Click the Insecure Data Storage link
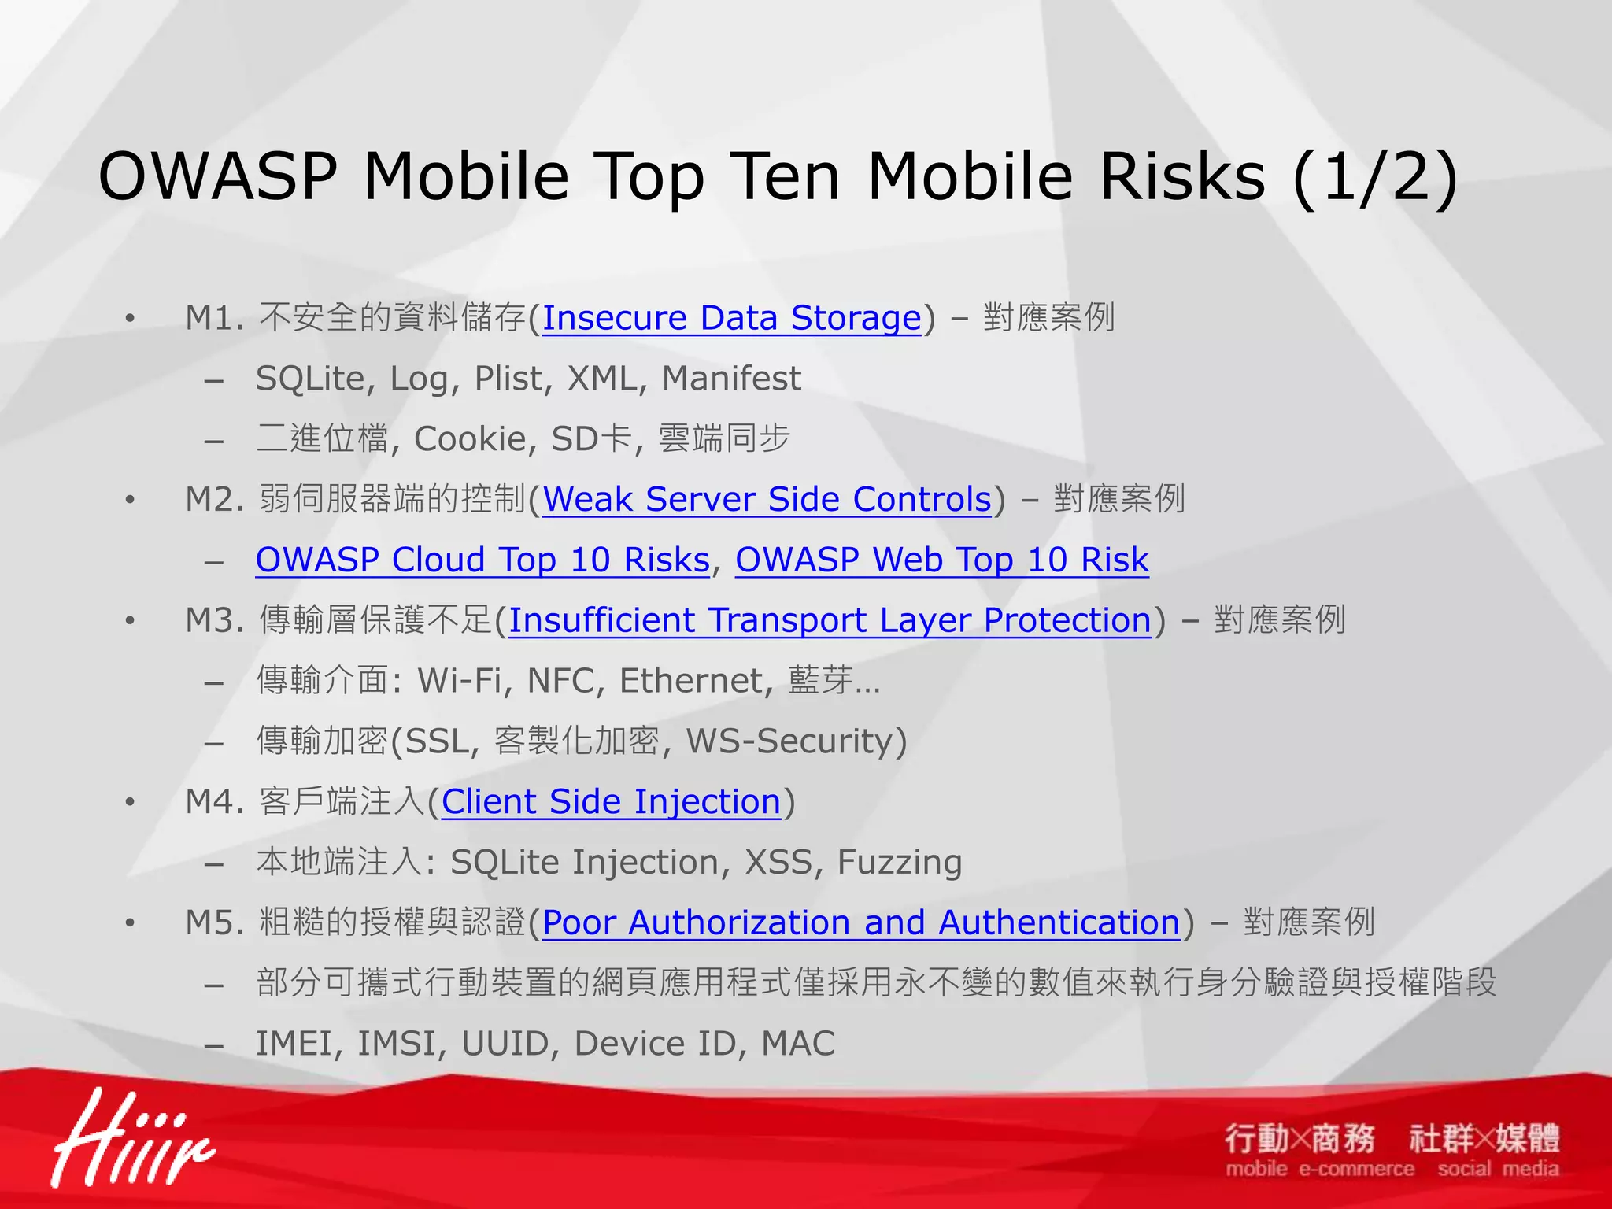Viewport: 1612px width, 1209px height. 731,318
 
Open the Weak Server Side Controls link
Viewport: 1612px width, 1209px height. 767,499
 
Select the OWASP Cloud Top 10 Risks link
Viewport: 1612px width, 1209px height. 482,560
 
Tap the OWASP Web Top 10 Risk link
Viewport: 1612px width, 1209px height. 941,560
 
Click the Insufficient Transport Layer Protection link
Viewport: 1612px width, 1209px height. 830,620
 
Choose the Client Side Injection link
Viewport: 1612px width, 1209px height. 611,801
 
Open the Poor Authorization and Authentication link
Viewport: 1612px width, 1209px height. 861,922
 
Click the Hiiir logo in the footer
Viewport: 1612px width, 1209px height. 130,1140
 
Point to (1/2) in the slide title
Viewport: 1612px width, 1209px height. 1374,176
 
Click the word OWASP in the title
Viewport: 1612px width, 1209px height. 218,176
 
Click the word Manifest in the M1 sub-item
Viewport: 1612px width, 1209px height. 730,379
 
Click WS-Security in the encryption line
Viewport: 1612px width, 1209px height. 790,741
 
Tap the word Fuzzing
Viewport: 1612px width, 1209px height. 899,863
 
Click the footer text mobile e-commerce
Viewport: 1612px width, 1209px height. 1319,1169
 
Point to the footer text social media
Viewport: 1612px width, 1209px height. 1498,1169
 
